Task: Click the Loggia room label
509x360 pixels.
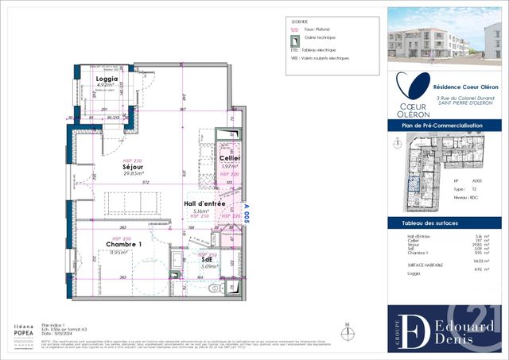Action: click(107, 79)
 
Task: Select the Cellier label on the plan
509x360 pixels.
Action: click(230, 159)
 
